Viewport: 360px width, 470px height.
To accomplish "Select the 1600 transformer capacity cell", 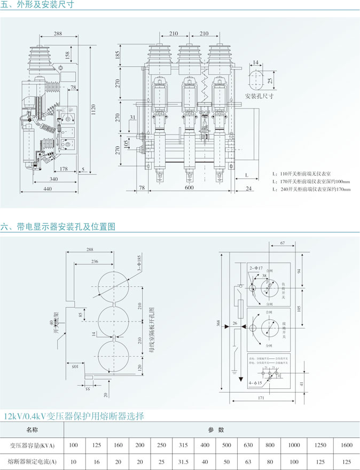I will tap(346, 444).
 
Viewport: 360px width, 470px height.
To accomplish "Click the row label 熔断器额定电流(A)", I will tap(33, 461).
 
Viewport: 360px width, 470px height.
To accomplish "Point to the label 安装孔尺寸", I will tap(259, 96).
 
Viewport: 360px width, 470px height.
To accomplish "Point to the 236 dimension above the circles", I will tap(95, 262).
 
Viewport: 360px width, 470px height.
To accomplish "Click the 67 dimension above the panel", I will tap(283, 243).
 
